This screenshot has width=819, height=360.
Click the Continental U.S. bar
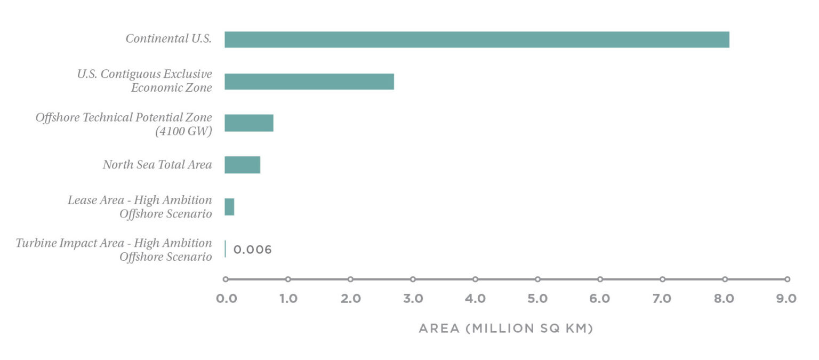477,39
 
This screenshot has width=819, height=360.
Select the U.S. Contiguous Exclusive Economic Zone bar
309,82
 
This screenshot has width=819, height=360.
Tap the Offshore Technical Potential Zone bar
249,123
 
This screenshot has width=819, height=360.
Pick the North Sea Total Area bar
243,165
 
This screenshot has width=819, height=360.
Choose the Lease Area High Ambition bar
229,207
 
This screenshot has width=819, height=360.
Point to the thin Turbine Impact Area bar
226,249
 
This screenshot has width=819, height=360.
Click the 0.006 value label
253,250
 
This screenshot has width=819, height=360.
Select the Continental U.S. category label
168,39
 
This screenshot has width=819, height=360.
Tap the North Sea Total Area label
157,165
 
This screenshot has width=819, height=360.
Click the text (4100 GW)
183,131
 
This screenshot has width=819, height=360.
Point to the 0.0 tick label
227,299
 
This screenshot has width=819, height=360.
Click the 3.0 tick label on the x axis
413,299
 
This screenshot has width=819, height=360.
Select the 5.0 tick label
537,299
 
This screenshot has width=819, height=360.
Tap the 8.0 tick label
725,299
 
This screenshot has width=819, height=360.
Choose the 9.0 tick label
786,299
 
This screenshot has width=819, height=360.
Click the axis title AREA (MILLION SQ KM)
506,329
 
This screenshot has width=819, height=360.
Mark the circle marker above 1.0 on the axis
288,279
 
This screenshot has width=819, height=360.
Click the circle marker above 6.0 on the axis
600,279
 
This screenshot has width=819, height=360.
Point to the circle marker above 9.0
787,279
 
